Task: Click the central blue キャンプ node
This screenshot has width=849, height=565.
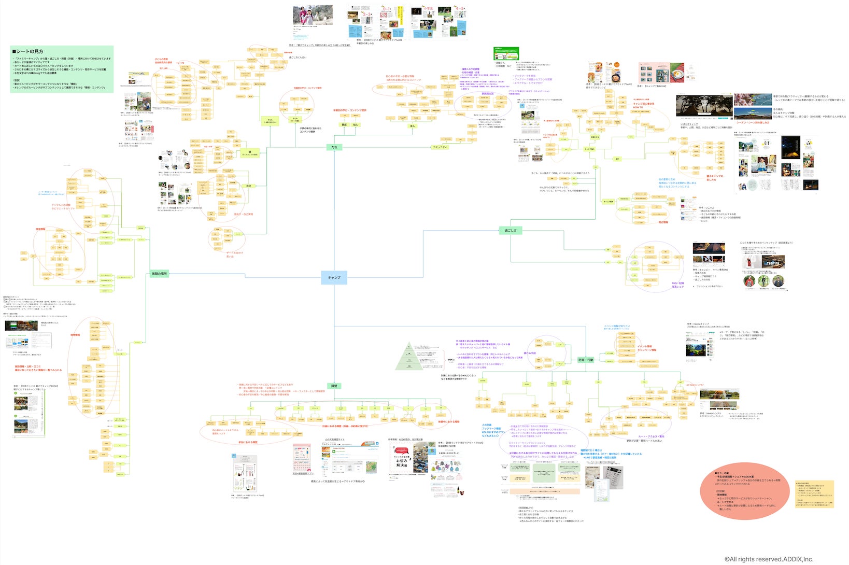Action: point(334,277)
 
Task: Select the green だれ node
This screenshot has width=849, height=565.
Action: point(334,147)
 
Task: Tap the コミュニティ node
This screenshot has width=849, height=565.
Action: point(440,147)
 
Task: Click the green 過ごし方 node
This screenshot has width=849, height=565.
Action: point(511,230)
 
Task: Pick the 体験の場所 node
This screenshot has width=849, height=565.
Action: point(160,273)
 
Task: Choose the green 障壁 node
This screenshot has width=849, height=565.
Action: point(334,386)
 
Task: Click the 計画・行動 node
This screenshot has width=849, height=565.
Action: point(585,360)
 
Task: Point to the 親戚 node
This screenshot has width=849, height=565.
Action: point(344,125)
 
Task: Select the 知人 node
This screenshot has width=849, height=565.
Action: point(356,125)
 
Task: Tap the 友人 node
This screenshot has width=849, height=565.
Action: point(413,126)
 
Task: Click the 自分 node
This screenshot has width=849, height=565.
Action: point(249,186)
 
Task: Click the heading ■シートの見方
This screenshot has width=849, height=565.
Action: point(28,51)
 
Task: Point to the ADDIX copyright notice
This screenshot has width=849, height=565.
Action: point(769,559)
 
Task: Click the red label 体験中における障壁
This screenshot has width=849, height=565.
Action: point(448,421)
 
